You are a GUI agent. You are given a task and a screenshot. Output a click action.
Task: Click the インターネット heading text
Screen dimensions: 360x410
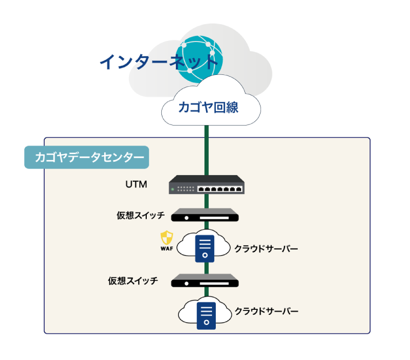(159, 62)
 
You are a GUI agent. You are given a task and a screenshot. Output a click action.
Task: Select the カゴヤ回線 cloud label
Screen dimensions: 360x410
(209, 107)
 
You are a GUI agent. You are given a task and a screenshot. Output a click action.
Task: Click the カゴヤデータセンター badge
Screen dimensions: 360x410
(87, 158)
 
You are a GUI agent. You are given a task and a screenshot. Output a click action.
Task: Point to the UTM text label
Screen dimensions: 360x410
(136, 185)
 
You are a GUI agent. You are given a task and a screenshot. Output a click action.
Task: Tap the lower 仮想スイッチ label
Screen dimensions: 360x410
(133, 281)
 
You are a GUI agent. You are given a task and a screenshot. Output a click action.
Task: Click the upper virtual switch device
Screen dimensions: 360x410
(205, 215)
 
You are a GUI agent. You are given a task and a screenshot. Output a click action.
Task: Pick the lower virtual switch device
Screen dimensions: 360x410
(205, 280)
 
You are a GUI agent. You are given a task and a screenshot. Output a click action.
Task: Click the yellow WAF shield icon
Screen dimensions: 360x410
(166, 237)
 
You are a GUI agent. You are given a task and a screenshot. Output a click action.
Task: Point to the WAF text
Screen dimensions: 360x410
(166, 248)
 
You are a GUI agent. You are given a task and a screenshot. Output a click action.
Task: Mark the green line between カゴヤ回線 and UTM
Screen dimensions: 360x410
(206, 151)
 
